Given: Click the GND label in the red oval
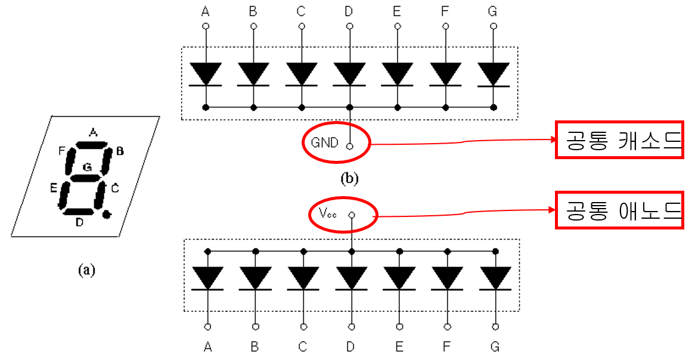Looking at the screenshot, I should pyautogui.click(x=324, y=142).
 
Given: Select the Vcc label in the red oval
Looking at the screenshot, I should pyautogui.click(x=328, y=214).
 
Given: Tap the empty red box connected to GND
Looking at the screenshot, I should pyautogui.click(x=619, y=139).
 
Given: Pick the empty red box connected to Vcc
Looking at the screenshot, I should pyautogui.click(x=619, y=210).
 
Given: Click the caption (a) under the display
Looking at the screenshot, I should pyautogui.click(x=86, y=270).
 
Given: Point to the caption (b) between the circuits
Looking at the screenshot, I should pyautogui.click(x=349, y=177).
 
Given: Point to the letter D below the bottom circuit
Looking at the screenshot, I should pyautogui.click(x=351, y=347).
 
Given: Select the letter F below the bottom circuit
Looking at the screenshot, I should pyautogui.click(x=447, y=347).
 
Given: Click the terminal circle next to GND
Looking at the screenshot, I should pyautogui.click(x=350, y=145).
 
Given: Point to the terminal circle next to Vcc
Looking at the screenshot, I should pyautogui.click(x=352, y=215).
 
